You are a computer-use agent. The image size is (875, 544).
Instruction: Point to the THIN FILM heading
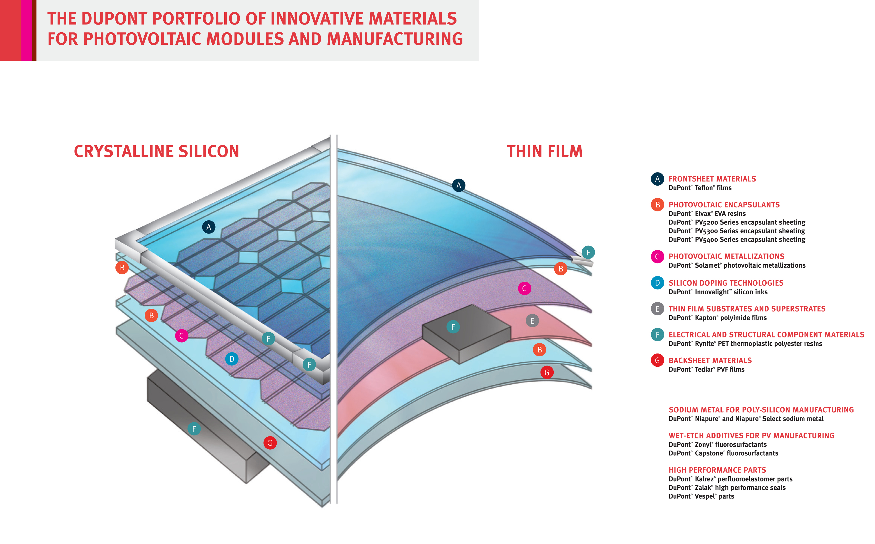click(x=544, y=152)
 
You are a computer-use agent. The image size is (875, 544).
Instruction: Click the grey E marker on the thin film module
click(x=532, y=321)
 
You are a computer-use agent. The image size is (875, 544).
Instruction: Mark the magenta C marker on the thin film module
click(x=524, y=289)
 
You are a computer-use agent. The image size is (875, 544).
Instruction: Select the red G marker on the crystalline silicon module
click(x=270, y=443)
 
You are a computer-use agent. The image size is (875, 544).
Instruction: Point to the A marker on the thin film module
click(x=458, y=186)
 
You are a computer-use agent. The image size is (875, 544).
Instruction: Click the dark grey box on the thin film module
click(x=466, y=335)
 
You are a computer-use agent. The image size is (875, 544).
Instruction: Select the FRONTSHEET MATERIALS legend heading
click(x=712, y=179)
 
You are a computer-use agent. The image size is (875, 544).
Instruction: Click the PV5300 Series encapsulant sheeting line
click(x=737, y=231)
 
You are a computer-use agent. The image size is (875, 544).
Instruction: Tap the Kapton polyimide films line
click(x=717, y=318)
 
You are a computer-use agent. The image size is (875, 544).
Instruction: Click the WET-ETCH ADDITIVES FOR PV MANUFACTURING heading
click(x=751, y=436)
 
